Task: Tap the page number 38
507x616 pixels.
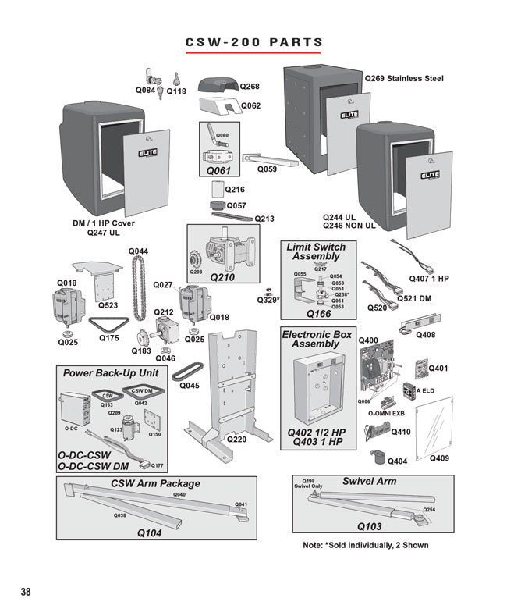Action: click(26, 592)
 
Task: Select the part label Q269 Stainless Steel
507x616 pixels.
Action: click(405, 79)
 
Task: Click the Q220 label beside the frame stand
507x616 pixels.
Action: click(236, 440)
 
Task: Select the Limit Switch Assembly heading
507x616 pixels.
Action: click(316, 251)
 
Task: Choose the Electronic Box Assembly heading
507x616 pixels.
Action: click(316, 339)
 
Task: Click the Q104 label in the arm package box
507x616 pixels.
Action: click(149, 532)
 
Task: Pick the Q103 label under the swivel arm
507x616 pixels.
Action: click(369, 526)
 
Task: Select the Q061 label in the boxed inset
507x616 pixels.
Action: click(218, 169)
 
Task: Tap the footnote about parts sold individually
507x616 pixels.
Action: click(365, 545)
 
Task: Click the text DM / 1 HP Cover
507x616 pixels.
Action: click(104, 223)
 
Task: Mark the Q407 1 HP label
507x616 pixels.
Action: click(429, 279)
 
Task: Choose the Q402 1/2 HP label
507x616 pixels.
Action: click(316, 432)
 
